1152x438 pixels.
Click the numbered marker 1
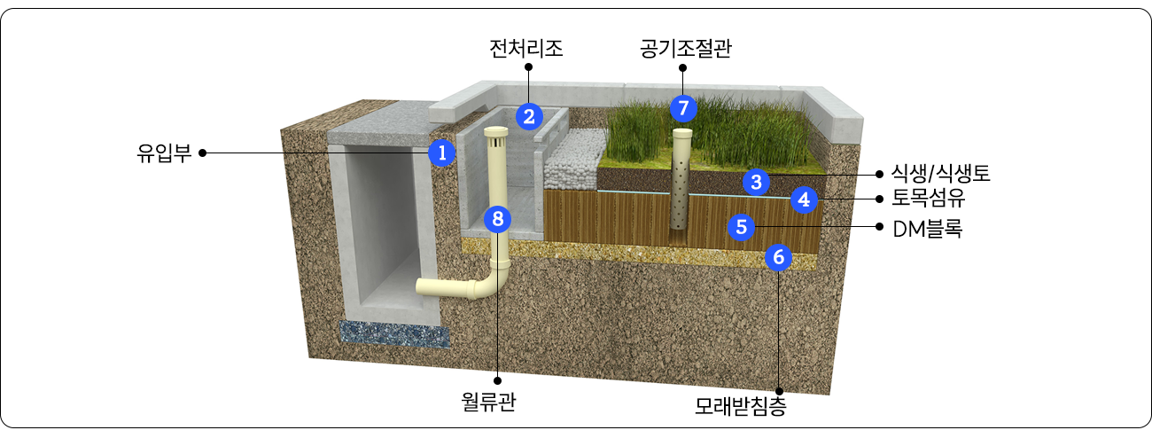pos(442,153)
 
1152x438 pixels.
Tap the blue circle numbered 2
pos(529,116)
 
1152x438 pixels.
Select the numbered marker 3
pos(756,182)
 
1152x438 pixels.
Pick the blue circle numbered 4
pos(804,199)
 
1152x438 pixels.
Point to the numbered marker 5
pos(741,227)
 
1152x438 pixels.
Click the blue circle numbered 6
pos(779,256)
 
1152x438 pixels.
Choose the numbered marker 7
pos(683,108)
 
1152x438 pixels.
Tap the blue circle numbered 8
pos(497,219)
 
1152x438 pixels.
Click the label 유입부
pos(164,153)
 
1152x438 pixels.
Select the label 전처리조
pos(525,49)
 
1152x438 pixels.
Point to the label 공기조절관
pos(686,49)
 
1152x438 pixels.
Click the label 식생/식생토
pos(940,174)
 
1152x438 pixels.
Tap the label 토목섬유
pos(928,198)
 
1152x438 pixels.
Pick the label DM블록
pos(927,229)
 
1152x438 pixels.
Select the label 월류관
pos(488,402)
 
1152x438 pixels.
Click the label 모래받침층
pos(741,406)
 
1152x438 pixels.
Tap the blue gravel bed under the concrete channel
pos(394,334)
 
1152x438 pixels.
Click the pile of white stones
pos(575,160)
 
